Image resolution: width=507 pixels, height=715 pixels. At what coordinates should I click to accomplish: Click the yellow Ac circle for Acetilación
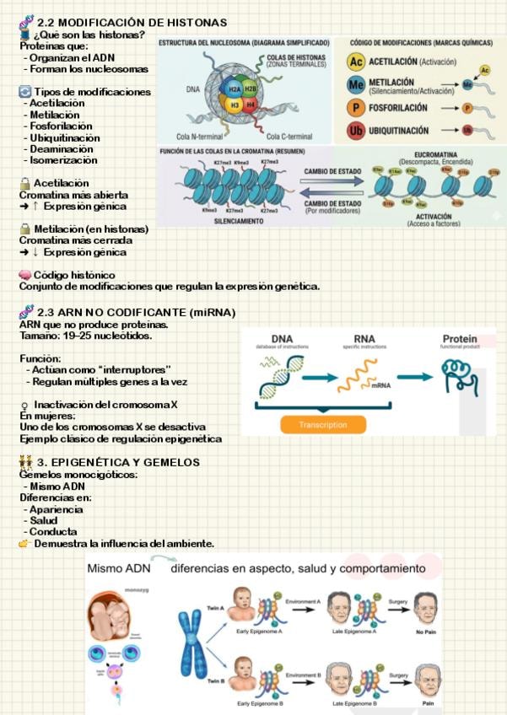coord(356,62)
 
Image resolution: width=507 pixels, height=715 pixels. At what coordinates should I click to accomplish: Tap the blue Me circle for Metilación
coord(356,85)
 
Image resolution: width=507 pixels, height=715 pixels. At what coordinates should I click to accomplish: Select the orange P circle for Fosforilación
coord(356,108)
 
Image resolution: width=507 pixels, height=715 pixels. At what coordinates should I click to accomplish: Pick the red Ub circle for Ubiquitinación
coord(356,132)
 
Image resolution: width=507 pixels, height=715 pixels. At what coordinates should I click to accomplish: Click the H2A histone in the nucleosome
coord(229,89)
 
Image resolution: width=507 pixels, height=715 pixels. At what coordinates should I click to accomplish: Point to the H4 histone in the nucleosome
coord(251,105)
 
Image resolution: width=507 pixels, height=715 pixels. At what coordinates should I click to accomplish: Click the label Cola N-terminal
coord(197,137)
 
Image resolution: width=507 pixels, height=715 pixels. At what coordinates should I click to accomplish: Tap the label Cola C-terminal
coord(289,137)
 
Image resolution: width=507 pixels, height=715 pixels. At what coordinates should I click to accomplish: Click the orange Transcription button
coord(323,424)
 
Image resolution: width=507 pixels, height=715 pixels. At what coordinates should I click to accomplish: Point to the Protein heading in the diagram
coord(459,340)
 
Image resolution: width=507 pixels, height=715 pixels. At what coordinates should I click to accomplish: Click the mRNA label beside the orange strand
coord(380,385)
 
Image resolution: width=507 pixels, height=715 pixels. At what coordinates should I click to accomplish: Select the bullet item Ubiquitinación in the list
coord(64,137)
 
